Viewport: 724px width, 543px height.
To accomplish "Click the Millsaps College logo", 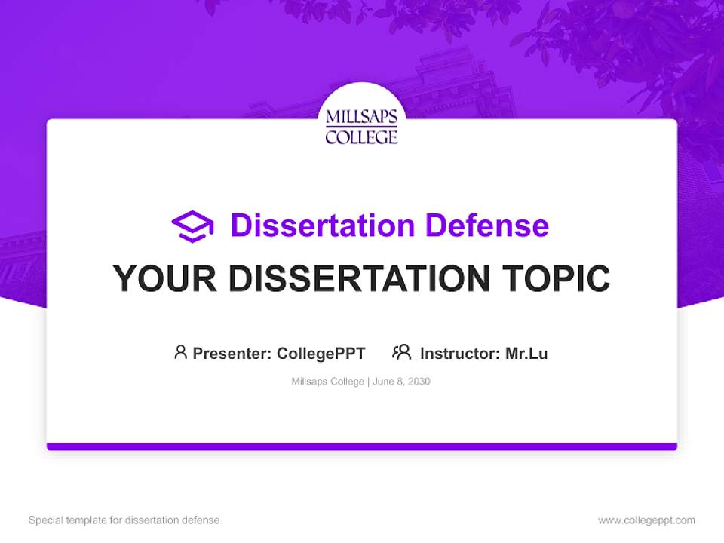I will pos(361,126).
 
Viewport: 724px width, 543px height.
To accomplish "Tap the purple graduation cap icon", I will pos(192,226).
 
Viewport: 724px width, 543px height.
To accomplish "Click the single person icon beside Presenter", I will pos(180,352).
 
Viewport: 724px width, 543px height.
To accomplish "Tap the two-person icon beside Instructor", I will pos(401,352).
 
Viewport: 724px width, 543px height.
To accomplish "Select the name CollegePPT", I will pos(321,353).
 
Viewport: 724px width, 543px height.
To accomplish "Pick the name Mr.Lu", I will pos(526,353).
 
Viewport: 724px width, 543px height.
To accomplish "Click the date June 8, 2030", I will pos(402,382).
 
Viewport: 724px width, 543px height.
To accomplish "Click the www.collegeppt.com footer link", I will pos(646,520).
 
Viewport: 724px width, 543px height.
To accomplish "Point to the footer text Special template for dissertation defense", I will pos(124,520).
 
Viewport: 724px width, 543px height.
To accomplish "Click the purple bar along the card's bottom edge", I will pos(362,446).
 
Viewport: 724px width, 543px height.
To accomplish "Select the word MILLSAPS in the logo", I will pos(361,118).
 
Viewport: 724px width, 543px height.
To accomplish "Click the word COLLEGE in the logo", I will pos(361,137).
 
